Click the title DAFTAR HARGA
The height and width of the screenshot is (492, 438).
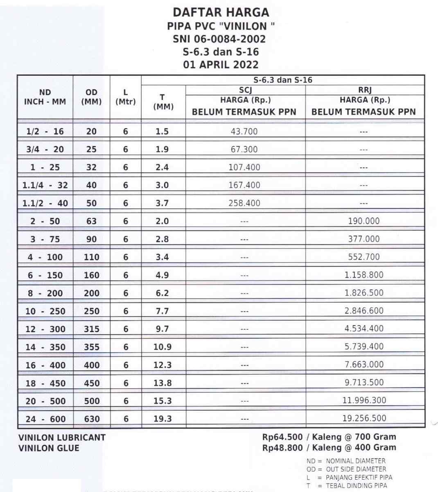tap(221, 12)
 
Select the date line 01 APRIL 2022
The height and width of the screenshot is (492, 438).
tap(221, 65)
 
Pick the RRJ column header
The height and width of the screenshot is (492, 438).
tap(364, 90)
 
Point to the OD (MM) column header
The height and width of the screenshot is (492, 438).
tap(91, 97)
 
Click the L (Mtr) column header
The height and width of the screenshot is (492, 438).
tap(125, 97)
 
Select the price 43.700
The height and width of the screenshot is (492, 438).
tap(244, 132)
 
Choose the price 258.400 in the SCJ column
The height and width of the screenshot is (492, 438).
tap(244, 203)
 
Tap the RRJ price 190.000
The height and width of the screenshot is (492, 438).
tap(364, 221)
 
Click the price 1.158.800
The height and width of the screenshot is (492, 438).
tap(364, 275)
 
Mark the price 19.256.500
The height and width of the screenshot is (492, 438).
tap(364, 418)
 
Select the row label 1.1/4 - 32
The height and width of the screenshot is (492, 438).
tap(45, 185)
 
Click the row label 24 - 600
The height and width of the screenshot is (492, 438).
tap(45, 419)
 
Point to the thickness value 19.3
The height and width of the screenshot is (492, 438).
tap(163, 419)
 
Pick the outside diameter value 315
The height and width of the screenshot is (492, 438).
tap(91, 329)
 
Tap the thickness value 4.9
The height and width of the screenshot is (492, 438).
tap(162, 275)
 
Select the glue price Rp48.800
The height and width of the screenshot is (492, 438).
tap(282, 448)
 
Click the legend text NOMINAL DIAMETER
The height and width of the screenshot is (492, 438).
tap(356, 461)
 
